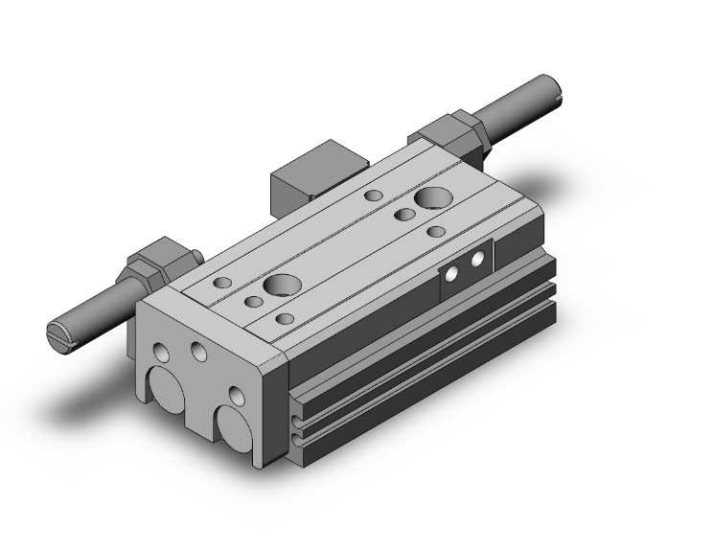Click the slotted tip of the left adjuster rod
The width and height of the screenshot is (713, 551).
pyautogui.click(x=57, y=334)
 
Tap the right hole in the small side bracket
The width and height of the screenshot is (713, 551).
pyautogui.click(x=475, y=261)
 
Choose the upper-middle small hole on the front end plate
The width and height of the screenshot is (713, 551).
pyautogui.click(x=198, y=351)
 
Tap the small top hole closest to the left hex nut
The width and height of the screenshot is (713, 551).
pyautogui.click(x=221, y=282)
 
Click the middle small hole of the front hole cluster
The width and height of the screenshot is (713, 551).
pyautogui.click(x=253, y=303)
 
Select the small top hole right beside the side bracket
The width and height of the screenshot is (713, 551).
pyautogui.click(x=436, y=231)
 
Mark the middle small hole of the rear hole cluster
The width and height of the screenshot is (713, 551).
pyautogui.click(x=405, y=215)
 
